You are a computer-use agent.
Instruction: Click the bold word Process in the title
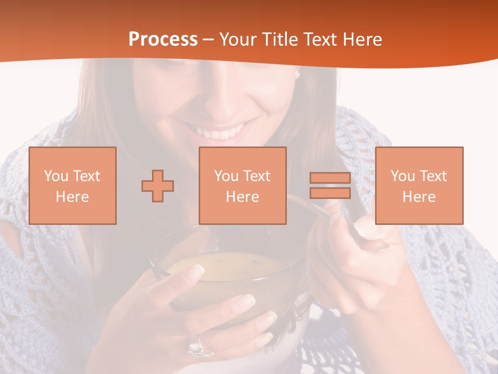(x=163, y=39)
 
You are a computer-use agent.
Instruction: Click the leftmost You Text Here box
(x=72, y=185)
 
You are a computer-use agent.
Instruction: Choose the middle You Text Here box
(x=242, y=185)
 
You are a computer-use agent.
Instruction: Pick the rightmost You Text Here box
(x=419, y=185)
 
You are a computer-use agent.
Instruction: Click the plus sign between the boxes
(x=158, y=185)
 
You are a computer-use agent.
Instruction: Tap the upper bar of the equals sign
(x=330, y=178)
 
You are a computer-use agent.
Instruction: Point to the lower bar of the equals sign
(x=330, y=193)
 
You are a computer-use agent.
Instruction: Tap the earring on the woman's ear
(x=297, y=74)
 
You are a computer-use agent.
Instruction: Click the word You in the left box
(x=56, y=176)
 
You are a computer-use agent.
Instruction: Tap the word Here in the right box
(x=419, y=197)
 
